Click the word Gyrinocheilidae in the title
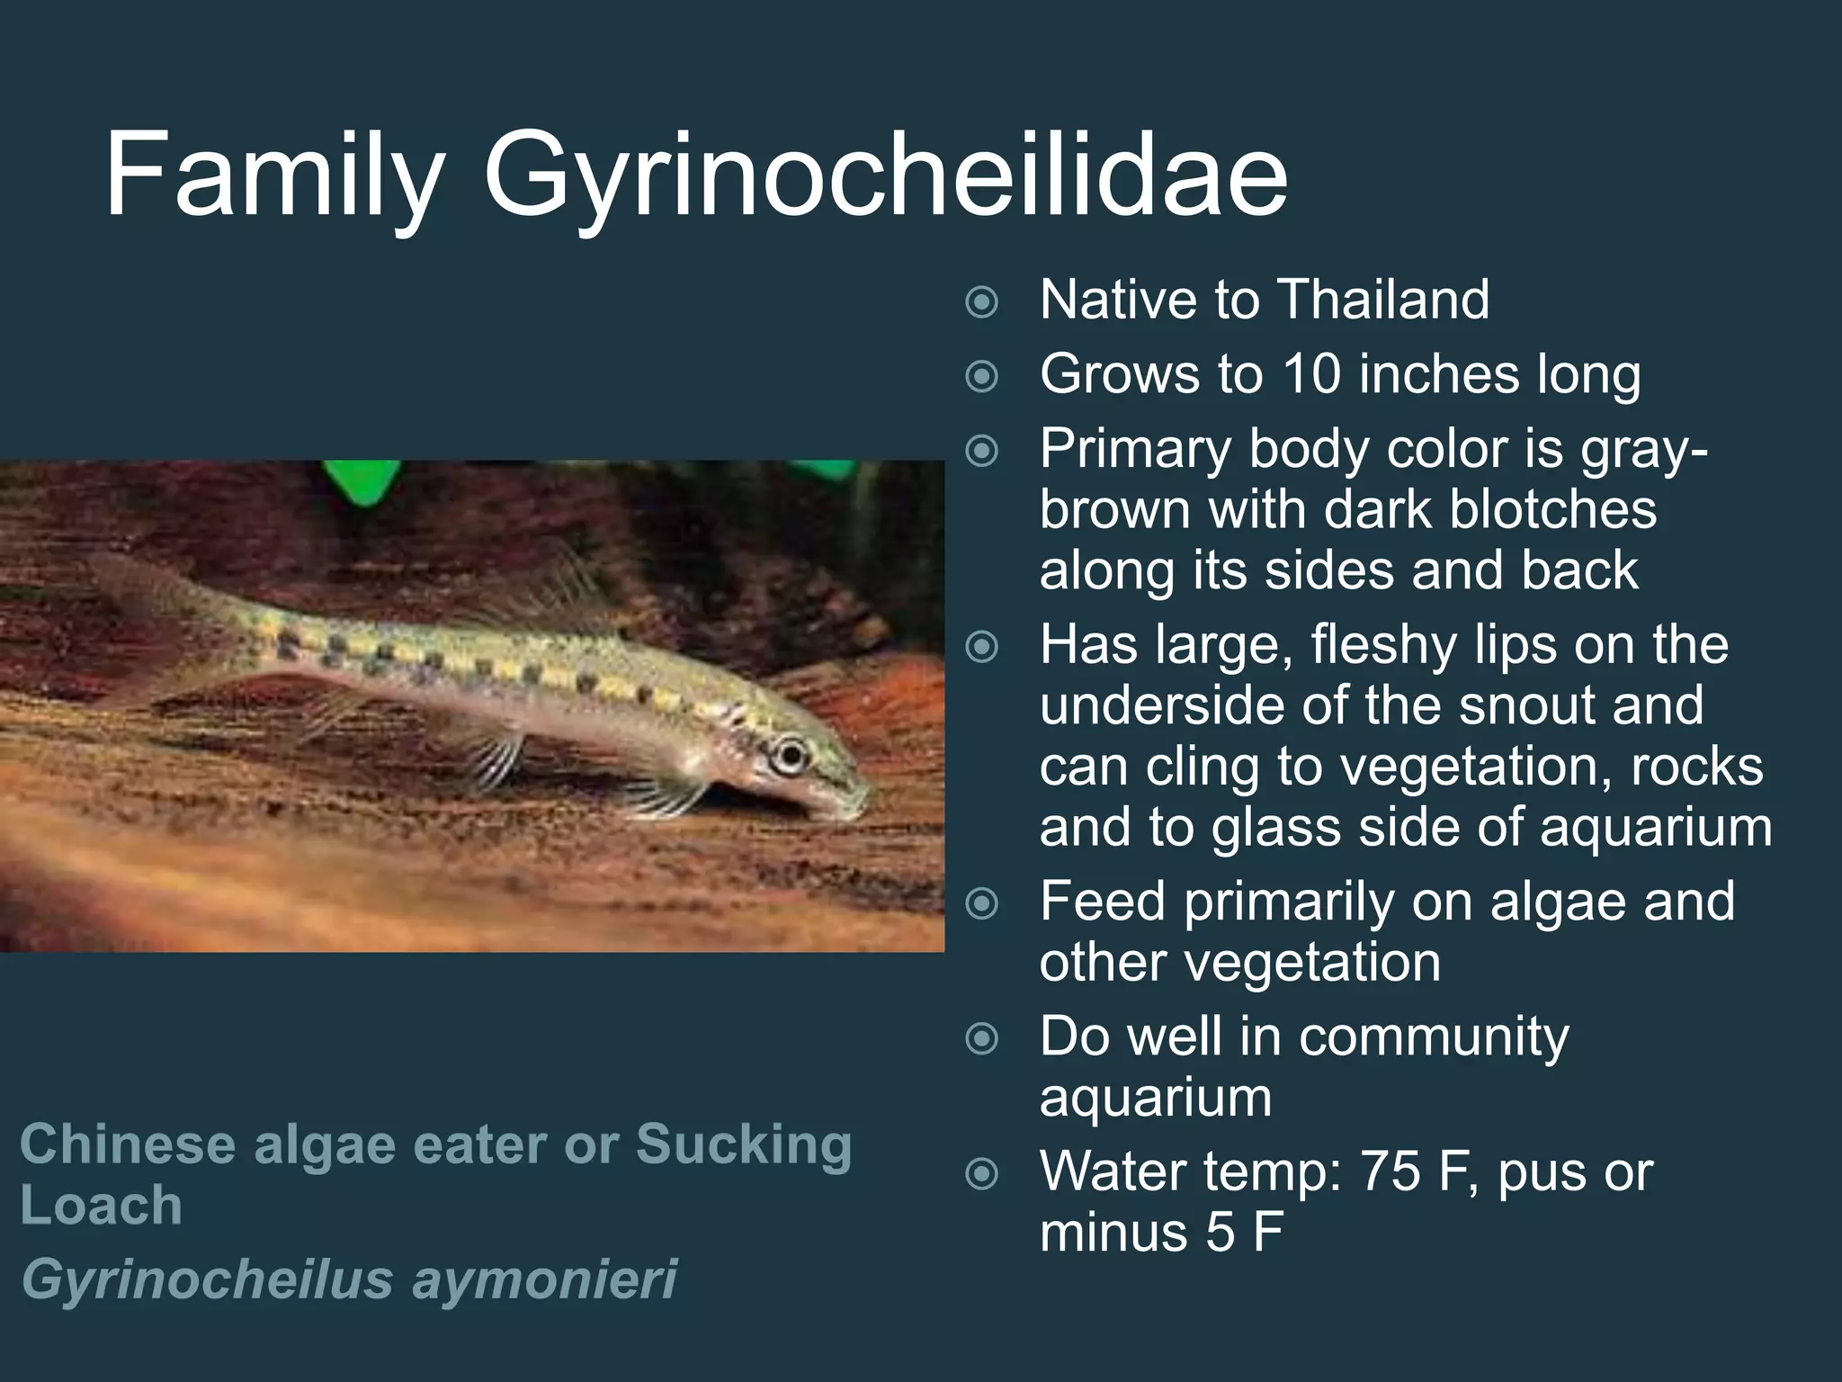(885, 176)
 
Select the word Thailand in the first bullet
(1382, 300)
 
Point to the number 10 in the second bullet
(1313, 374)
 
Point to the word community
(1434, 1036)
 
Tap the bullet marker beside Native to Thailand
(981, 302)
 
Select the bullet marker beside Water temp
(981, 1174)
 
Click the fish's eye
(791, 751)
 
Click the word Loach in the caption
(101, 1205)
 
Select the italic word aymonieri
(543, 1279)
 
